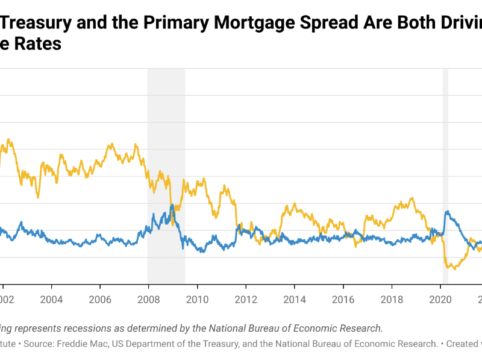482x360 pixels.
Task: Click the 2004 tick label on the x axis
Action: [51, 300]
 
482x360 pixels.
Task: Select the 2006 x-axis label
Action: [100, 300]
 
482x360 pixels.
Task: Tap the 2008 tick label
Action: [148, 300]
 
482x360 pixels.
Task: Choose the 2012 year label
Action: [246, 300]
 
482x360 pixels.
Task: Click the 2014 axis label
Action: [294, 300]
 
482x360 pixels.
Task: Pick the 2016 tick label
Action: [343, 300]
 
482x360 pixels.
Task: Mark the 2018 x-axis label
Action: [392, 300]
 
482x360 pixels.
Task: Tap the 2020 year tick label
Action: [440, 300]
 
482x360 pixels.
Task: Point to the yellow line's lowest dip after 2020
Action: [454, 269]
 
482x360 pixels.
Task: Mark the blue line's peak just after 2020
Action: [446, 212]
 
